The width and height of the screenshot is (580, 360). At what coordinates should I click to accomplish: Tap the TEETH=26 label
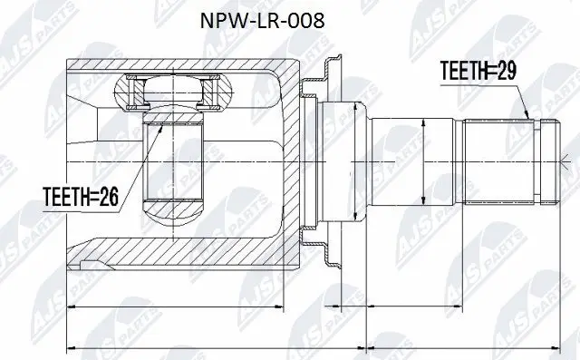pyautogui.click(x=80, y=194)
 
